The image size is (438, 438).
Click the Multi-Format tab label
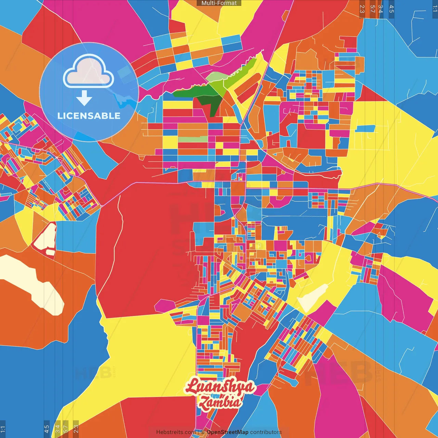[219, 3]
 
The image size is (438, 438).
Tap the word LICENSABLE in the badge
[89, 116]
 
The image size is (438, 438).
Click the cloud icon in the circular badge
[89, 71]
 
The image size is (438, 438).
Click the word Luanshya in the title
[220, 387]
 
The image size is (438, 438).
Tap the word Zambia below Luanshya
[220, 402]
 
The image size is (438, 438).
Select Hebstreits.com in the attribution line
[176, 432]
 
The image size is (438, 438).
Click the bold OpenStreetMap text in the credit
[228, 432]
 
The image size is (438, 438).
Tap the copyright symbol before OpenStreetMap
[203, 432]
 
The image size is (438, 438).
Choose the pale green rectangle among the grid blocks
[193, 139]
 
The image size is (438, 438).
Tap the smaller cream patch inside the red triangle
[50, 252]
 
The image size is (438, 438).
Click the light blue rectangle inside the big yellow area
[365, 129]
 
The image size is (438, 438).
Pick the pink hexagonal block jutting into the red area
[165, 306]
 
